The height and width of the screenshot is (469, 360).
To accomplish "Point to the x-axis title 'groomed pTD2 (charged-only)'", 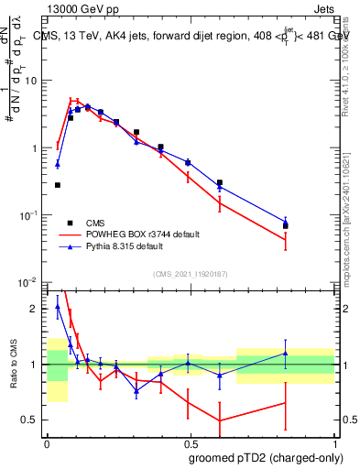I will pos(266,458).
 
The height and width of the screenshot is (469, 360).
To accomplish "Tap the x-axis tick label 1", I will pos(334,442).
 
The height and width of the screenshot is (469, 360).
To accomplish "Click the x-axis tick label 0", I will pos(47,442).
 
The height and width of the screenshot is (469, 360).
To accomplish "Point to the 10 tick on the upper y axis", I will pos(33,81).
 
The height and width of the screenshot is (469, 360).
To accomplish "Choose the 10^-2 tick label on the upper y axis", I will pos(30,282).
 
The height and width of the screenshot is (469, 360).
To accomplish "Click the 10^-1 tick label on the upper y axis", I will pos(30,215).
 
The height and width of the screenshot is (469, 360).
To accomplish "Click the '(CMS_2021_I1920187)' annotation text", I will pos(191,273).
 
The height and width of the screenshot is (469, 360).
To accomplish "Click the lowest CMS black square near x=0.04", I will pos(58,185).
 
